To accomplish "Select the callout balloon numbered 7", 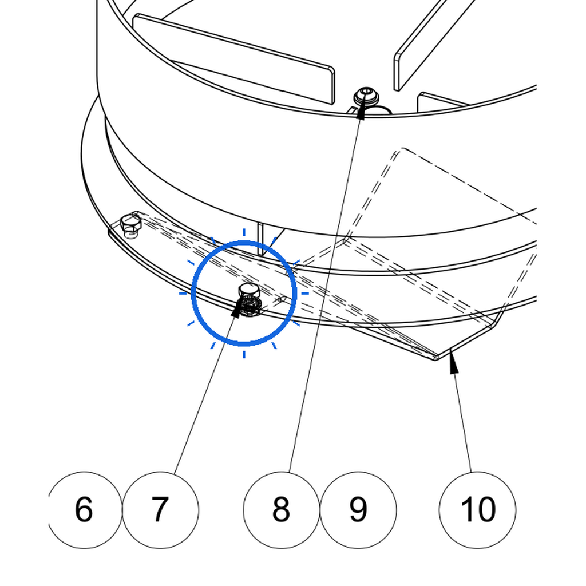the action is [160, 510].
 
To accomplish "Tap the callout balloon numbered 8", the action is [282, 510].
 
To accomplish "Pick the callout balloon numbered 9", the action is [358, 510].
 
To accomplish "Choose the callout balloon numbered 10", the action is [478, 510].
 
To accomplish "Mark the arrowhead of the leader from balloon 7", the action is [236, 309].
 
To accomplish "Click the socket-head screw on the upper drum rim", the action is [366, 96].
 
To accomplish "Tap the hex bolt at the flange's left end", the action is [130, 224].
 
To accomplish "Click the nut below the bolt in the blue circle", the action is [247, 307].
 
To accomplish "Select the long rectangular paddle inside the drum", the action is [234, 59].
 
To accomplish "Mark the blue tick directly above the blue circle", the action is [244, 232].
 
